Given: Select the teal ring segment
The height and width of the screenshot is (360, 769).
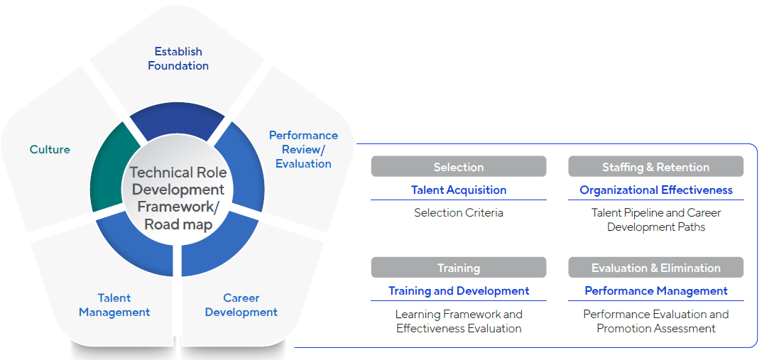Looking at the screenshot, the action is (109, 168).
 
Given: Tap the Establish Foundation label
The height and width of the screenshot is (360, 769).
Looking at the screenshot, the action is (178, 58).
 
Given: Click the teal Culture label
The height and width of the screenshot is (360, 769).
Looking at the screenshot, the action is (50, 150).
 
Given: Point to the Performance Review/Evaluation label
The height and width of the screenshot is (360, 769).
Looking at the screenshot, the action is (303, 150).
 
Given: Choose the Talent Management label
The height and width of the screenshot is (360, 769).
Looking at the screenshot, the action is (114, 305).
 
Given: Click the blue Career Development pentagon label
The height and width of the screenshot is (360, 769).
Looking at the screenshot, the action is (241, 305).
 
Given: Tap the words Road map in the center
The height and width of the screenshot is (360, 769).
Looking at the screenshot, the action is (178, 224).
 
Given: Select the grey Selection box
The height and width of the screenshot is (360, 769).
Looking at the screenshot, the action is (459, 167).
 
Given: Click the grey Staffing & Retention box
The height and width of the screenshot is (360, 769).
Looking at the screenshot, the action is (655, 167).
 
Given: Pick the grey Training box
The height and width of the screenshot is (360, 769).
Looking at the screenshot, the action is (459, 267).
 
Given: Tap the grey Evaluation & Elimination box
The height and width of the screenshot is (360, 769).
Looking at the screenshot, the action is (655, 267).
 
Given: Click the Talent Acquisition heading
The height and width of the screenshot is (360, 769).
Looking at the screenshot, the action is (459, 190).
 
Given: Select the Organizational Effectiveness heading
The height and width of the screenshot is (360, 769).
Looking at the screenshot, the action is (655, 190).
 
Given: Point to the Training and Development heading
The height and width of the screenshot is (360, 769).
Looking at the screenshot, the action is (459, 291).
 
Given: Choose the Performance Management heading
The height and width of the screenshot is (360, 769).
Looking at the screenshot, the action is (655, 291).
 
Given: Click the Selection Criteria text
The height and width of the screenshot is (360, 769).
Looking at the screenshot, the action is (459, 213).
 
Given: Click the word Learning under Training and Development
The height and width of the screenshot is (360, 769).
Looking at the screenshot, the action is (418, 315).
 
